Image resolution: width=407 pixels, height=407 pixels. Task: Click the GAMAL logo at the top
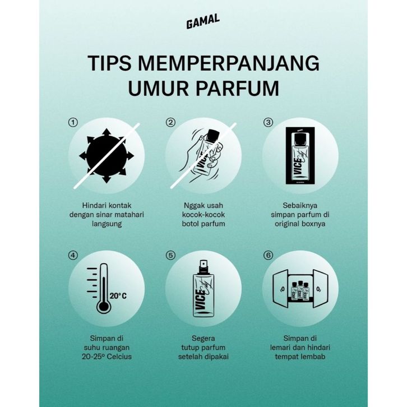click(x=203, y=21)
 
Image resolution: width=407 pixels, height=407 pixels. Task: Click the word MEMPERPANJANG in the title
click(x=228, y=63)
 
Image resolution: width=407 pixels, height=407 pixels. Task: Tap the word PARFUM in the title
click(x=237, y=88)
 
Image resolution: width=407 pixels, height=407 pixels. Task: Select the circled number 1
click(x=73, y=122)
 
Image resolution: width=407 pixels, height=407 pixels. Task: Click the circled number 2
click(x=170, y=122)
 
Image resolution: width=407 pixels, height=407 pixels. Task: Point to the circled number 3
click(x=268, y=122)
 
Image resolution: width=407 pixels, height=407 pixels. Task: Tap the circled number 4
click(x=73, y=256)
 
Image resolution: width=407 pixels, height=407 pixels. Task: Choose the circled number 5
click(x=170, y=256)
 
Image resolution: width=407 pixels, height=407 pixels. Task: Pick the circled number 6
click(x=268, y=256)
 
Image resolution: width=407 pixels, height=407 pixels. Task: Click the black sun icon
click(x=107, y=156)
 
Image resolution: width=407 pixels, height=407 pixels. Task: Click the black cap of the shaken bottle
click(x=214, y=136)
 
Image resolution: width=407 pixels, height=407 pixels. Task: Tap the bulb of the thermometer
click(x=104, y=306)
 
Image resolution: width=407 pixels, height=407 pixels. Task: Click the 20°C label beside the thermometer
click(x=118, y=296)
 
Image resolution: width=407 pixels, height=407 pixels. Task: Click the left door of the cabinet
click(x=280, y=289)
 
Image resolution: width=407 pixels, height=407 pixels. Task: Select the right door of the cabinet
click(x=321, y=289)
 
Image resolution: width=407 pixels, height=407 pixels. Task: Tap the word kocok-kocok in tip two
click(x=203, y=215)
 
